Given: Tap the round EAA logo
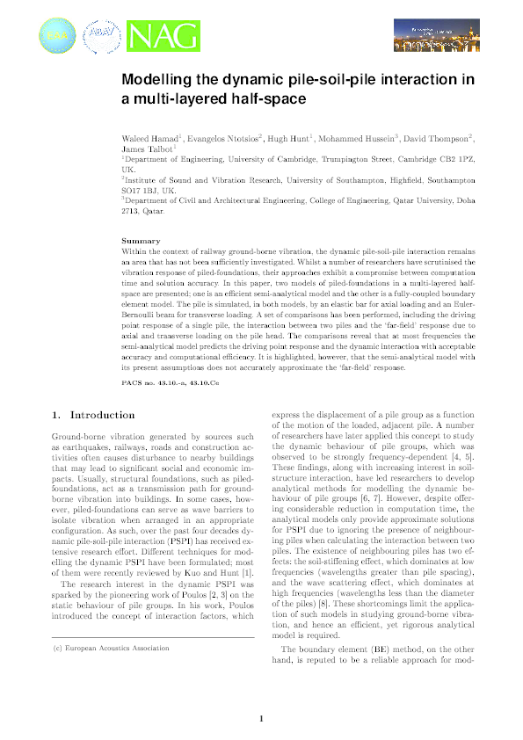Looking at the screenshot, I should coord(54,37).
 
